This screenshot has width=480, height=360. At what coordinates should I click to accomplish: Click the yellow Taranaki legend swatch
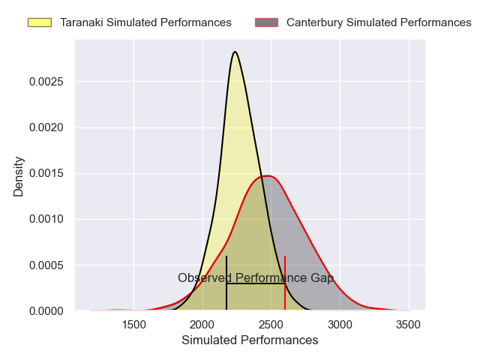point(39,22)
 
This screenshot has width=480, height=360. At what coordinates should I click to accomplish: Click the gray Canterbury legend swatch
point(266,22)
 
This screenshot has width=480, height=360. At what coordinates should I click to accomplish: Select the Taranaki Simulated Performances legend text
point(145,22)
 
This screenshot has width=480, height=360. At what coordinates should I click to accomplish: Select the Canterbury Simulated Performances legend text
point(379,22)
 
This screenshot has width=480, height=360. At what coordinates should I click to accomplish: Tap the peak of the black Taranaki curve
point(235,52)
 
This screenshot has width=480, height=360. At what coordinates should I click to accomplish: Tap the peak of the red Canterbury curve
point(267,176)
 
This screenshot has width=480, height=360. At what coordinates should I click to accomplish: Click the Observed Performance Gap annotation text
point(256,278)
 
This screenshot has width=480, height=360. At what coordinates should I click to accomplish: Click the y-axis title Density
point(19,176)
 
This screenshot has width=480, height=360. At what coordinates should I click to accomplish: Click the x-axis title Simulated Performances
point(250,340)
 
